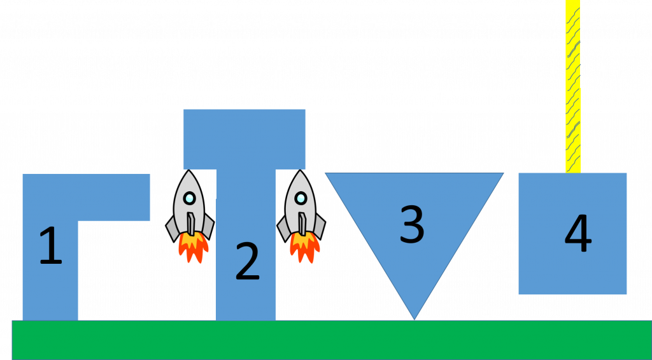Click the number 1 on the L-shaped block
click(50, 247)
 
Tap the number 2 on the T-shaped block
click(247, 262)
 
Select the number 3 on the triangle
click(412, 224)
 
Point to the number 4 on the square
click(578, 234)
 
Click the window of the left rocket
click(189, 198)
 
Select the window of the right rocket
click(301, 198)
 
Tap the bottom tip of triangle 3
click(414, 318)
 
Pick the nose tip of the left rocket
click(189, 171)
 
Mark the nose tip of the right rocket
click(301, 171)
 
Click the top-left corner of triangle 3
click(327, 174)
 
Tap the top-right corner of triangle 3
click(502, 174)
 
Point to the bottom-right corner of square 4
click(626, 293)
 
